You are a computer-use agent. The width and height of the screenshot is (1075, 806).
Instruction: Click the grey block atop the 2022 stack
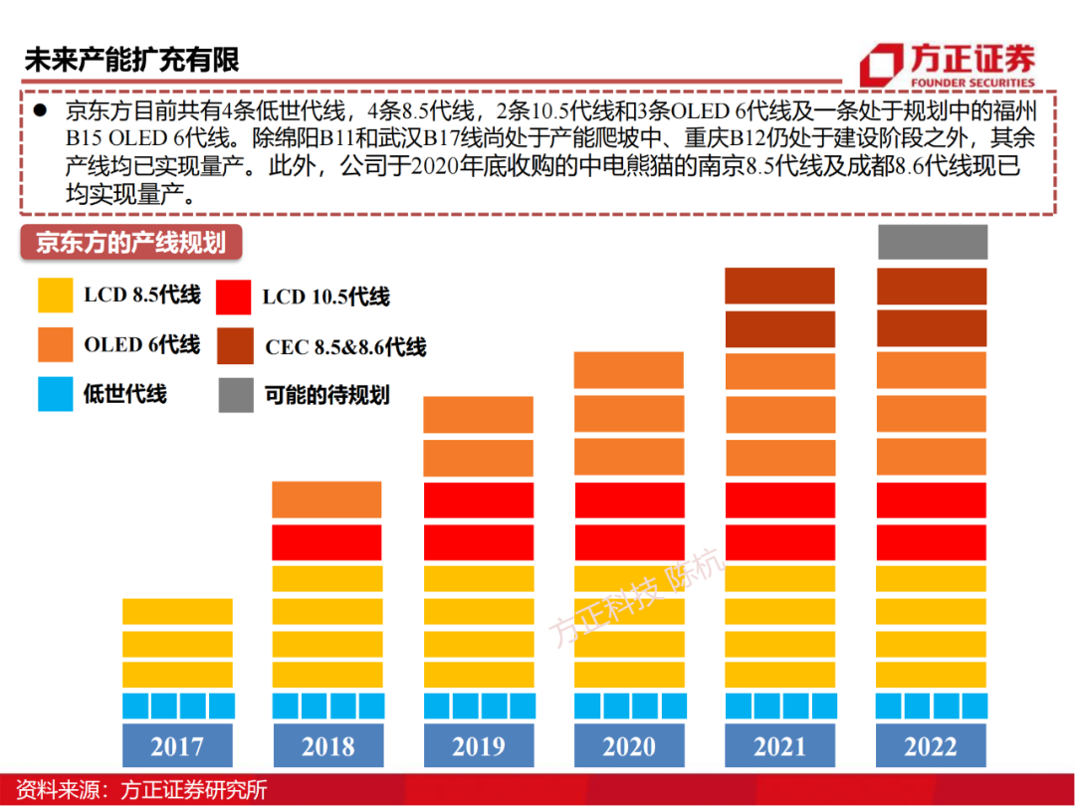point(932,243)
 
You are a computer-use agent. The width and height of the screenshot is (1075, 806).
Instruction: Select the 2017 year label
point(176,746)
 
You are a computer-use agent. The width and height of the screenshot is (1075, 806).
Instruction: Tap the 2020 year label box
point(629,746)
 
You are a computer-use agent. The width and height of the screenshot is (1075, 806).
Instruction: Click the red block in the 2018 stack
point(326,542)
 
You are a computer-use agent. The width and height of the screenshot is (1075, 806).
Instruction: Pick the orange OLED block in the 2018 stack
point(326,500)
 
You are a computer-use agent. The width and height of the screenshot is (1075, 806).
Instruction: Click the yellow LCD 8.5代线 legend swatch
point(56,296)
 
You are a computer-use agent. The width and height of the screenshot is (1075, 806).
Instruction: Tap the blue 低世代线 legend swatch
point(56,394)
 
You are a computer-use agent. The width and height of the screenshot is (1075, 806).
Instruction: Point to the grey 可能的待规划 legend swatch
point(236,395)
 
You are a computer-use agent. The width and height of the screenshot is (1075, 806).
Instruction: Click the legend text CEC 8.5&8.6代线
point(345,347)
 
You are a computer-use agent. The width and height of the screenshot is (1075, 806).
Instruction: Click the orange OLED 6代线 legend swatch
point(56,345)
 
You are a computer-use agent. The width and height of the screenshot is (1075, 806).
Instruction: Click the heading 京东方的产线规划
point(130,243)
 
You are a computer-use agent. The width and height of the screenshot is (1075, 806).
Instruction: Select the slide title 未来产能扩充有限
point(131,60)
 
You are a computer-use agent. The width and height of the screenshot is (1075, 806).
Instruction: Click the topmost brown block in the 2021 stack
point(779,286)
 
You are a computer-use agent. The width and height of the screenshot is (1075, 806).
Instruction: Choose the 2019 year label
point(478,746)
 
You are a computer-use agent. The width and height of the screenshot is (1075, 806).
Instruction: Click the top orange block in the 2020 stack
point(629,370)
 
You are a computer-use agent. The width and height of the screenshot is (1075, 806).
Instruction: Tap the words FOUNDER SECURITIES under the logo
point(971,83)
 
